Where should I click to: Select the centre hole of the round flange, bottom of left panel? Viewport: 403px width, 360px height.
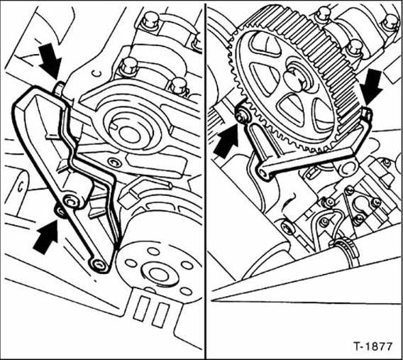pyautogui.click(x=151, y=273)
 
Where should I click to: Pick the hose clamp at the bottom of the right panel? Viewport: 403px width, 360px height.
pyautogui.click(x=343, y=246)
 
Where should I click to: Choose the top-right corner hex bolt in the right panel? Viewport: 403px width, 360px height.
pyautogui.click(x=389, y=21)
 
